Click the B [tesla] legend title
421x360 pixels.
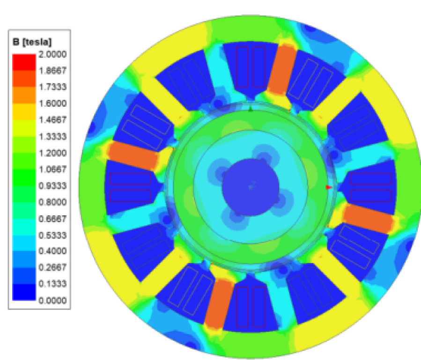coord(32,42)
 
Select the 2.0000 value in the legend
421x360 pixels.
coord(52,54)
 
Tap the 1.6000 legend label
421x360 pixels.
coord(52,103)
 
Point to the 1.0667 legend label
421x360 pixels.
coord(52,169)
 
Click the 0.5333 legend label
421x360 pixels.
coord(52,235)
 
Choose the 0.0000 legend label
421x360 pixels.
coord(52,301)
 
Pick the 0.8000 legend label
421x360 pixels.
coord(52,202)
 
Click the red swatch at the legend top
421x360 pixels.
coord(24,62)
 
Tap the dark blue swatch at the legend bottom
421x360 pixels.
coord(24,292)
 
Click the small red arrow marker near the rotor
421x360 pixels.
coord(329,187)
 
